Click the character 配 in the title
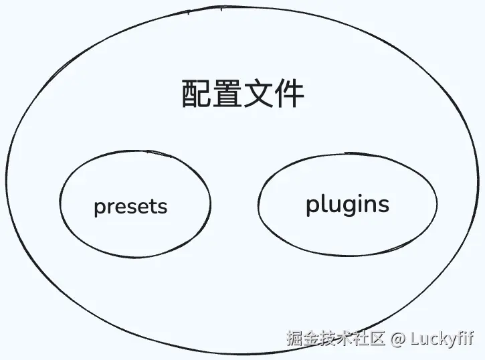pyautogui.click(x=195, y=95)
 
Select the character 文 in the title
pyautogui.click(x=258, y=95)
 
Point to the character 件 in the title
pyautogui.click(x=288, y=95)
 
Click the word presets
pyautogui.click(x=130, y=206)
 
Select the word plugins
pyautogui.click(x=347, y=205)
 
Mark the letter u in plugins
pyautogui.click(x=330, y=205)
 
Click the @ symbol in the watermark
pyautogui.click(x=399, y=339)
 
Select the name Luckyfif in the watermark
pyautogui.click(x=443, y=339)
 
